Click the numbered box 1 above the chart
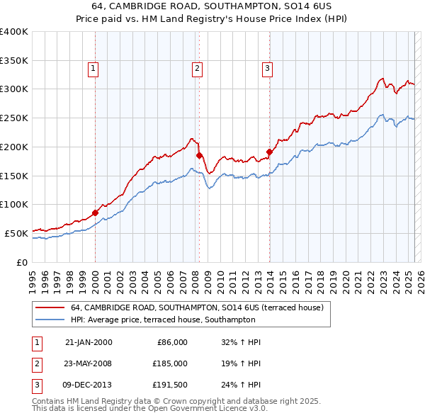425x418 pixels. click(93, 69)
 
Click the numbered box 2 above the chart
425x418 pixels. click(197, 69)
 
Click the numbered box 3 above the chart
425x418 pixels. click(267, 69)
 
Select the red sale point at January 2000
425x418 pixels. click(95, 212)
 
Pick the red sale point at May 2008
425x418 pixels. click(199, 154)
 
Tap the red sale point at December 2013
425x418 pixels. click(269, 151)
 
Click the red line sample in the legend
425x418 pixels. click(50, 307)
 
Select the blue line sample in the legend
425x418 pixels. click(50, 320)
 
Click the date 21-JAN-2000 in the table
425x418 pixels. click(89, 342)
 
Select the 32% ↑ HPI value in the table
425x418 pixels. click(242, 342)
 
